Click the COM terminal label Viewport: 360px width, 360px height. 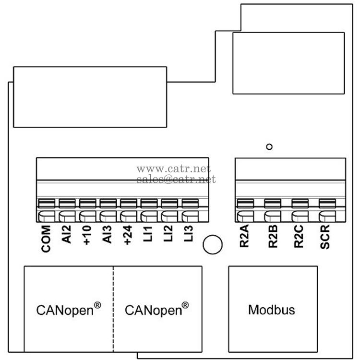pos(47,239)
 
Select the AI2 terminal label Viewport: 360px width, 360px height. pos(67,236)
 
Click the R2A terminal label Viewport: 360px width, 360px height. pos(244,239)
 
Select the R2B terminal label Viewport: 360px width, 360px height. pos(272,239)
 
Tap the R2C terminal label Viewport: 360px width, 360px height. pos(299,239)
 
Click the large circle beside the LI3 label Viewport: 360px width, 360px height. pos(213,245)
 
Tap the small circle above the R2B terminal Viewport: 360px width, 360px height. pos(269,147)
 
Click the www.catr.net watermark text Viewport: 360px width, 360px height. pos(174,169)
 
